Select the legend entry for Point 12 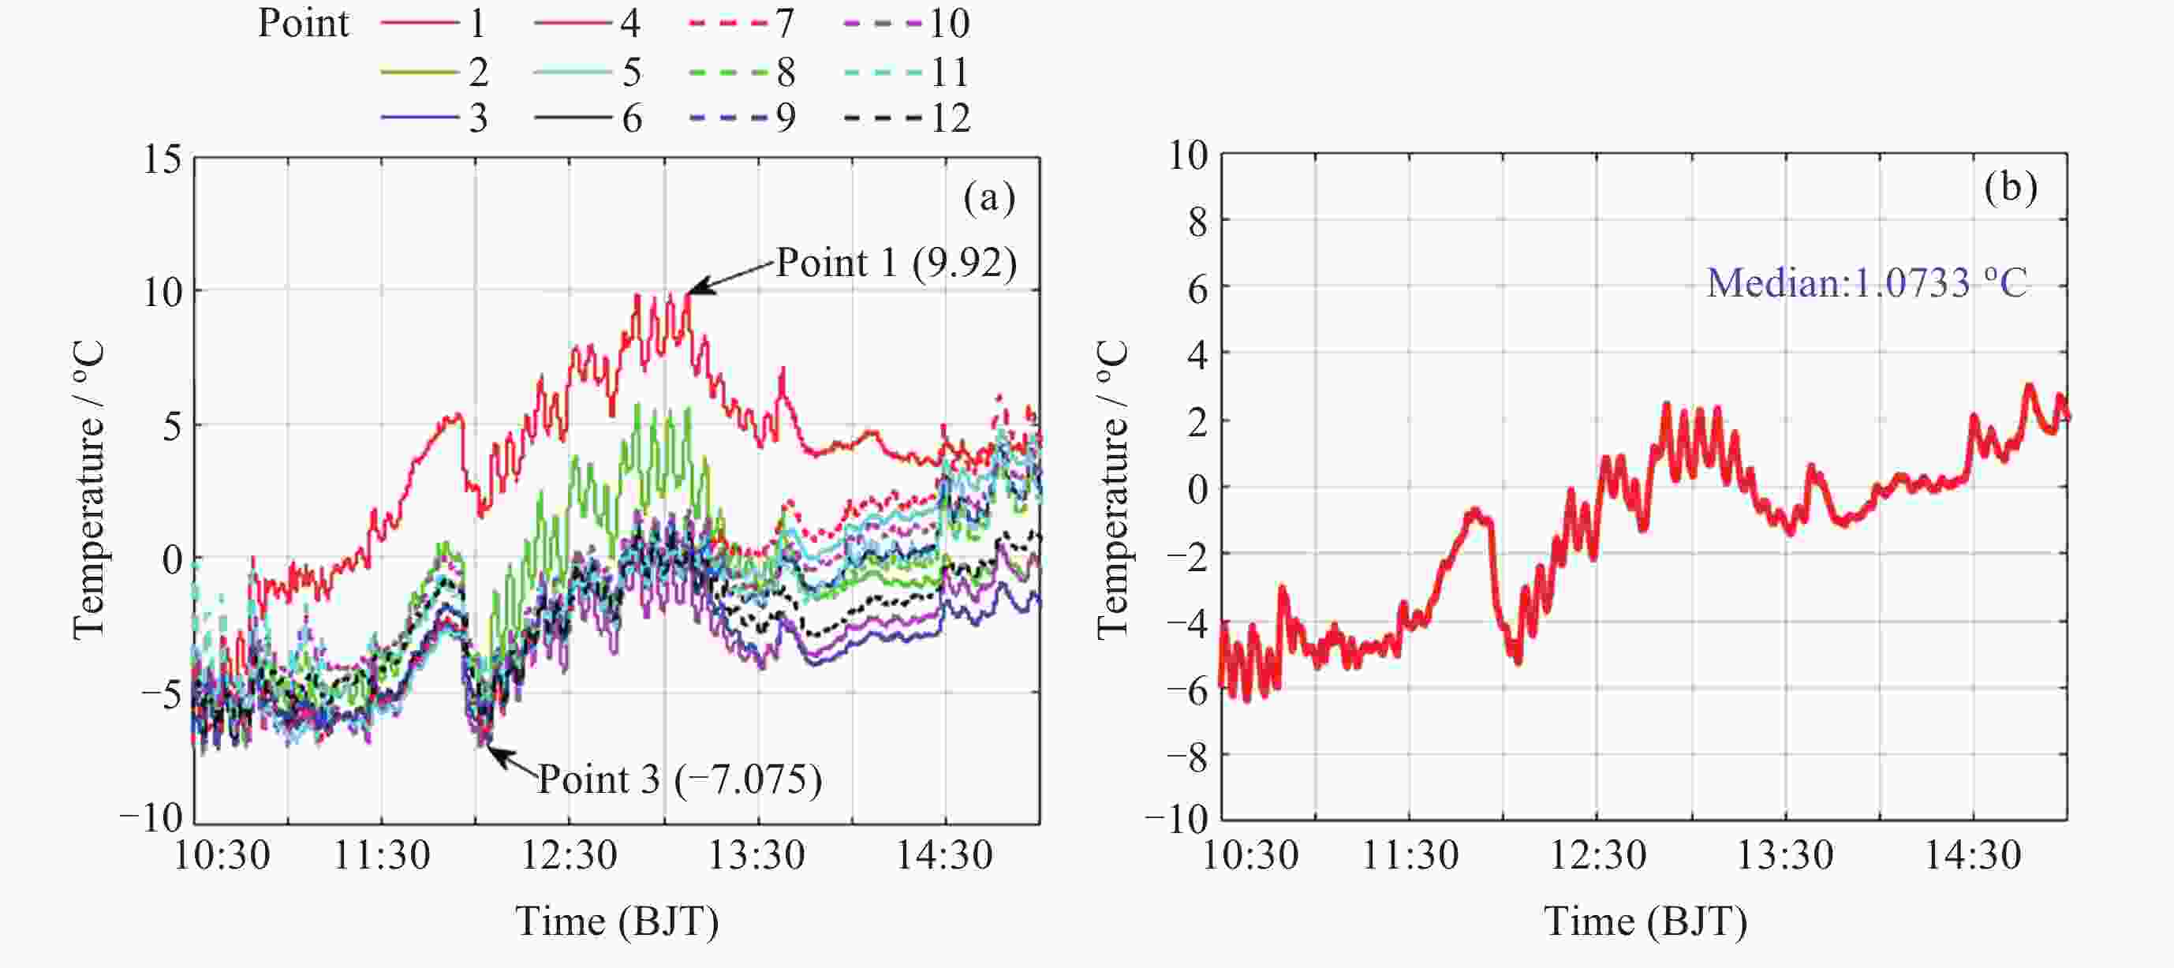pyautogui.click(x=907, y=118)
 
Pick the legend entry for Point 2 pyautogui.click(x=435, y=72)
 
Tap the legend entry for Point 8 pyautogui.click(x=741, y=72)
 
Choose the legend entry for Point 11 pyautogui.click(x=907, y=72)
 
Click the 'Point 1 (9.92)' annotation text pyautogui.click(x=896, y=263)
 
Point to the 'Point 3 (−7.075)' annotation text pyautogui.click(x=679, y=778)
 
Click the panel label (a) pyautogui.click(x=989, y=197)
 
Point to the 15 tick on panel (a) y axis pyautogui.click(x=162, y=159)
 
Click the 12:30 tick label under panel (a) pyautogui.click(x=569, y=856)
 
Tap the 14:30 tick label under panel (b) pyautogui.click(x=1972, y=856)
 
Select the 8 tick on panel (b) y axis pyautogui.click(x=1197, y=221)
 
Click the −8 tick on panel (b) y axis pyautogui.click(x=1187, y=755)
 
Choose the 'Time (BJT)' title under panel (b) pyautogui.click(x=1645, y=921)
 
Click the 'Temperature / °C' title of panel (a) pyautogui.click(x=88, y=489)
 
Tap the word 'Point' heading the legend pyautogui.click(x=303, y=23)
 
